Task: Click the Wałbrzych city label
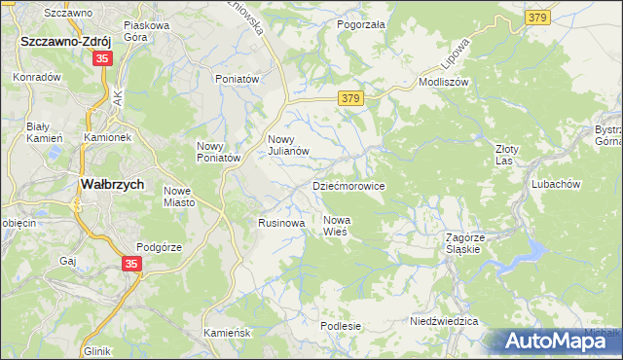coord(111,184)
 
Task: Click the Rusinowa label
coord(281,223)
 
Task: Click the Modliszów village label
coord(444,83)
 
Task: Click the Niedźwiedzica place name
coord(444,320)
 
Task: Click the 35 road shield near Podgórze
coord(132,263)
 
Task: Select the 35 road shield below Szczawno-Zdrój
coord(102,59)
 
